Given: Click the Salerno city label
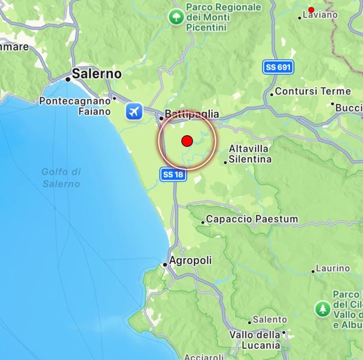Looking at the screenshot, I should (x=96, y=74).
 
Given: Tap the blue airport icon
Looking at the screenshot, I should (x=133, y=111).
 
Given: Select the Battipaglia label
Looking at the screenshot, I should (x=192, y=115).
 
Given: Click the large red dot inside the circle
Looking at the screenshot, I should (x=187, y=141).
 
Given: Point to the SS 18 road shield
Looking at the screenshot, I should (x=174, y=174).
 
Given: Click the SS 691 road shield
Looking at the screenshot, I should (x=278, y=67).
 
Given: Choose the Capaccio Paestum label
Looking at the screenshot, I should (x=252, y=219).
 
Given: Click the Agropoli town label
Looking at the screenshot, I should (x=191, y=261).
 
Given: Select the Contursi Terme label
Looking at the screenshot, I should (x=313, y=91).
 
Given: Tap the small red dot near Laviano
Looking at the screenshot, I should (x=311, y=10).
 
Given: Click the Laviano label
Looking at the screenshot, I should (x=320, y=15).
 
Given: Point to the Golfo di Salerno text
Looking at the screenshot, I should (x=61, y=178).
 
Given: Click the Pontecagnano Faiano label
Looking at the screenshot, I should (x=75, y=106).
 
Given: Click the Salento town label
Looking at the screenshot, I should (x=270, y=320).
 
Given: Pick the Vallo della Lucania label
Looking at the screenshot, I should (x=255, y=340).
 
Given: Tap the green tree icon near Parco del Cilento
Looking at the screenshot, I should (x=323, y=309).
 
